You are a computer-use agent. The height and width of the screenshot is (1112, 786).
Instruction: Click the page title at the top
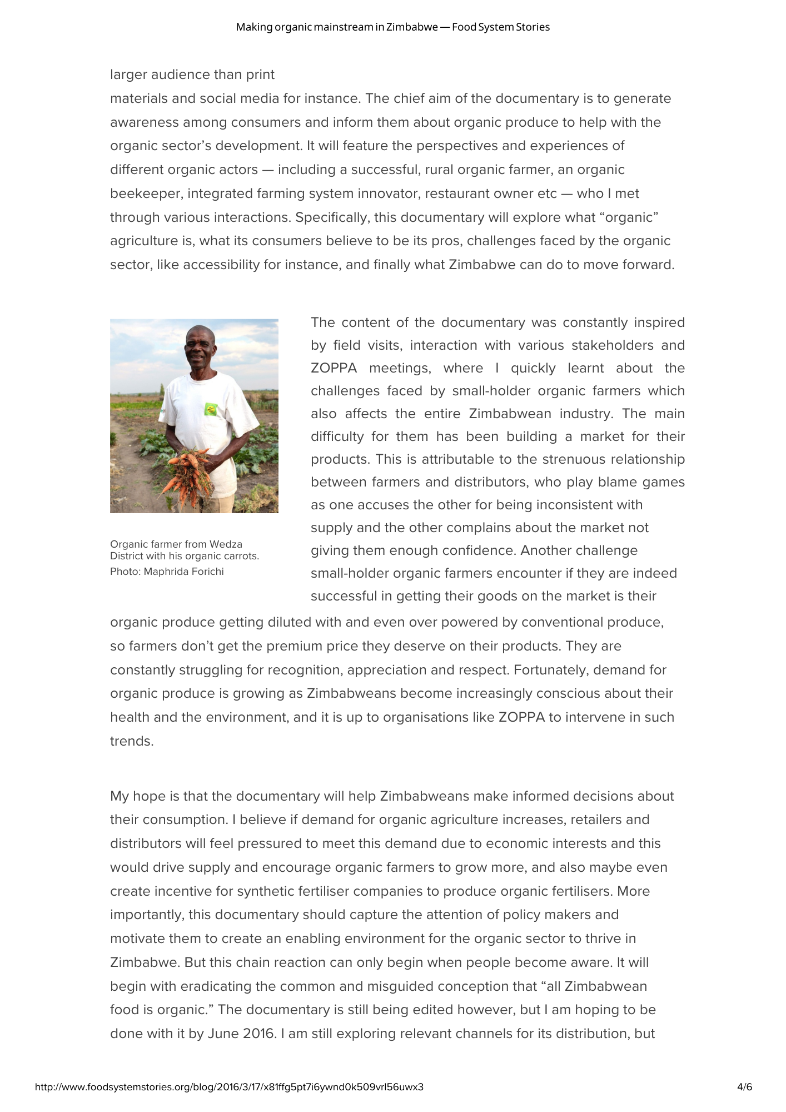pos(392,27)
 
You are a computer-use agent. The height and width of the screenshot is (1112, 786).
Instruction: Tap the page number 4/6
pos(744,1086)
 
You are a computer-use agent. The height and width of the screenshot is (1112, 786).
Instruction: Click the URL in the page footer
pos(229,1086)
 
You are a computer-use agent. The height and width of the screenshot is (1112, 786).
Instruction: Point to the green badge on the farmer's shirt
pos(210,410)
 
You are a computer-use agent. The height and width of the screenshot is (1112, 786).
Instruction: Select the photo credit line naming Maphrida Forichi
pos(167,572)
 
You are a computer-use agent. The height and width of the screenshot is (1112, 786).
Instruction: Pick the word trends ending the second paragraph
pos(131,741)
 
